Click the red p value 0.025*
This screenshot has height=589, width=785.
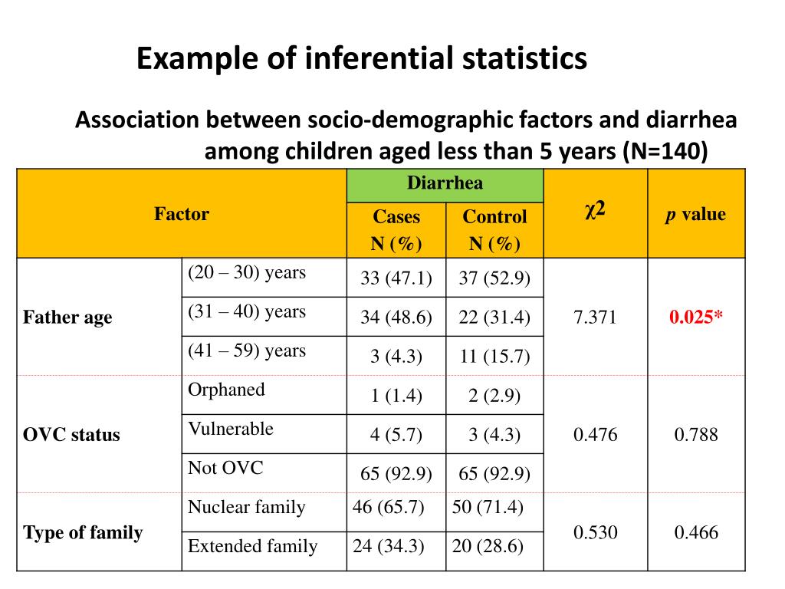(x=696, y=318)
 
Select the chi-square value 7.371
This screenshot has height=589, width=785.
(x=595, y=318)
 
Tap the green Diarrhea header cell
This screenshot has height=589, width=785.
(x=445, y=183)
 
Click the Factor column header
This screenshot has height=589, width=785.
(x=182, y=214)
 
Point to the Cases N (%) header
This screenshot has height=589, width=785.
(x=396, y=230)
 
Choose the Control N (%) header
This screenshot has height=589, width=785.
(x=494, y=230)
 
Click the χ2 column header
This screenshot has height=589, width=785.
(x=595, y=210)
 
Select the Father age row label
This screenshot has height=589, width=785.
(x=68, y=318)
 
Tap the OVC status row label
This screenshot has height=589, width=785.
(x=72, y=435)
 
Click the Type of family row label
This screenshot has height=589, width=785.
(x=84, y=533)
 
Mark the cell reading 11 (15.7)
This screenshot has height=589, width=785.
(x=494, y=357)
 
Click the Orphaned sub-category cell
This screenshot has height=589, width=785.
(x=227, y=390)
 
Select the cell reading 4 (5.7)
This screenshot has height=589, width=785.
(x=396, y=436)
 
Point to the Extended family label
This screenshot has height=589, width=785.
(x=253, y=546)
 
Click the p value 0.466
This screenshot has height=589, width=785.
(x=696, y=532)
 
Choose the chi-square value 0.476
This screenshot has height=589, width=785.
(x=595, y=435)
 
